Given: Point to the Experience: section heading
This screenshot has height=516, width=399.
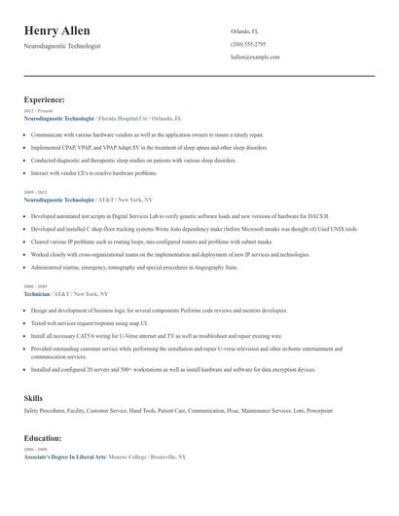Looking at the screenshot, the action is [x=45, y=99].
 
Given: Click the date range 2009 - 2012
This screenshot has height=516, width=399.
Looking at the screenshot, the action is [x=34, y=193].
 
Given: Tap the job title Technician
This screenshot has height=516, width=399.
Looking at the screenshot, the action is [x=38, y=293].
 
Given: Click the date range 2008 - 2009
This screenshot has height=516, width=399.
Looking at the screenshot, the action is [x=34, y=286].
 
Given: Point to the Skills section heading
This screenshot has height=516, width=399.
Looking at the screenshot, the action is [x=33, y=398].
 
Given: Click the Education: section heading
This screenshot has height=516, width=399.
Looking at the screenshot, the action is [x=45, y=438].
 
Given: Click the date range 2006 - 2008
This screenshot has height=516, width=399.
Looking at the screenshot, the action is [x=34, y=450].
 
